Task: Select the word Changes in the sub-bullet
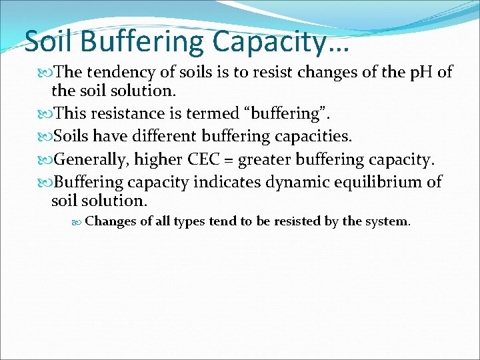pos(111,221)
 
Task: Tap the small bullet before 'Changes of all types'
pos(78,221)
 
